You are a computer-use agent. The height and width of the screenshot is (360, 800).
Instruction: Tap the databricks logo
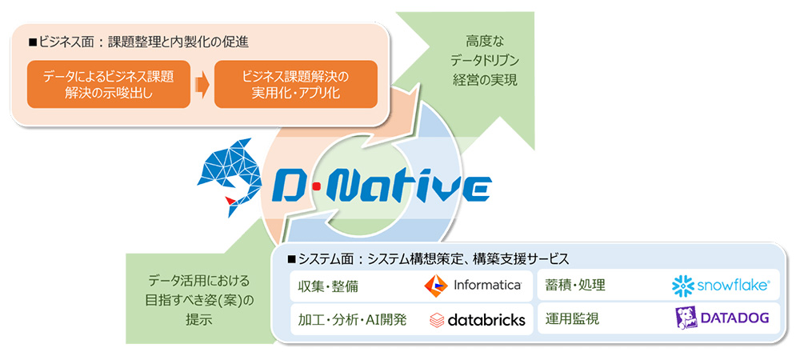tap(477, 319)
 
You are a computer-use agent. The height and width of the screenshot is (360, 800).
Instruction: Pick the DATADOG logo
tap(722, 318)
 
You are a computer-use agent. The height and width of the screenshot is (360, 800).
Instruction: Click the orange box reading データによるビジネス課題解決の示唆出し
tap(105, 84)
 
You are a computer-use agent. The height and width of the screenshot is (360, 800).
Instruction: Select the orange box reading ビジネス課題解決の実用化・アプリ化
tap(295, 84)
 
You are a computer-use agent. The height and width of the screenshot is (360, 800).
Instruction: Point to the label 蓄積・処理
tap(575, 285)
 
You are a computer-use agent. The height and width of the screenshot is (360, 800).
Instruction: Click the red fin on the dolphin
tap(230, 199)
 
